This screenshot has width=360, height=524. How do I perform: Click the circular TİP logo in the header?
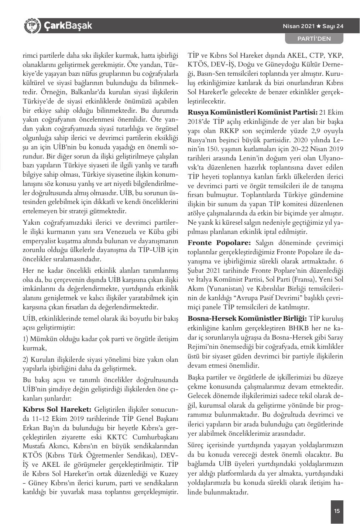[x=31, y=25]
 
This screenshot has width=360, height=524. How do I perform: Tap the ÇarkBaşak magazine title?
[x=68, y=26]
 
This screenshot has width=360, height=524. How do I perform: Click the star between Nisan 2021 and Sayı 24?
[x=319, y=26]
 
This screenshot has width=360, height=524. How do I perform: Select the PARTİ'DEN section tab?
[x=314, y=38]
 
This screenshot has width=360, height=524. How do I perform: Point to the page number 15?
[x=337, y=511]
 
